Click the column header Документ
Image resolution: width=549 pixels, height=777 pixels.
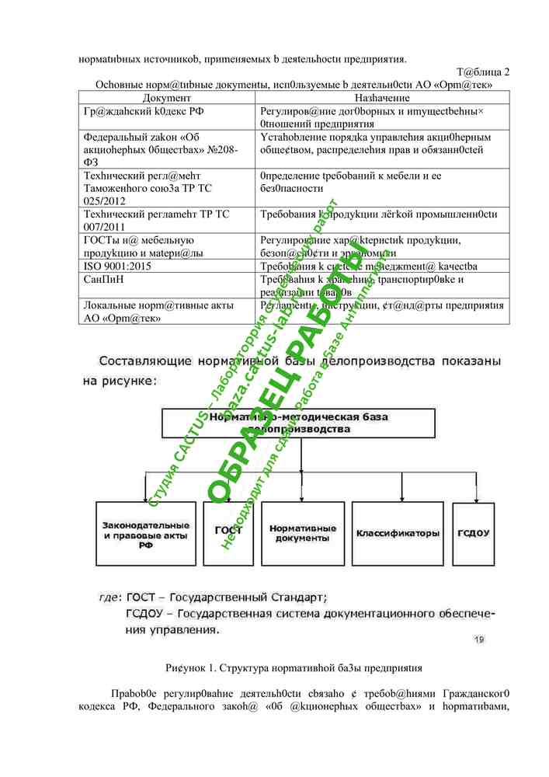[167, 98]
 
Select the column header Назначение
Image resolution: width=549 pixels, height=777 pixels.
[382, 98]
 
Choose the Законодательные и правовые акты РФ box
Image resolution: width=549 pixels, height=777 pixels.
[145, 535]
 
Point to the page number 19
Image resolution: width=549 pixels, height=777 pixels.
[478, 639]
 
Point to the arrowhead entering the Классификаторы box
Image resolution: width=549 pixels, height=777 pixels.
[399, 498]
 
